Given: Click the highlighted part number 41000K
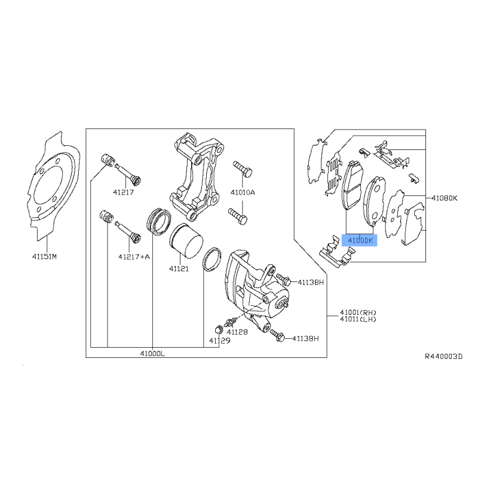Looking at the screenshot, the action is [x=360, y=241].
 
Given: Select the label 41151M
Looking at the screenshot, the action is [x=44, y=257].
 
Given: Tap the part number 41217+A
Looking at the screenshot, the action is [x=134, y=257].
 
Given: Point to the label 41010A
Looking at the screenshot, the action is [x=243, y=192].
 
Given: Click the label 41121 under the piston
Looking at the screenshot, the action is [x=179, y=268].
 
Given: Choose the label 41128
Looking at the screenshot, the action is [x=237, y=332].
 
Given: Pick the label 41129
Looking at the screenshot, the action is [x=220, y=341].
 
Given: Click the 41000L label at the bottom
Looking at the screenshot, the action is [x=152, y=354].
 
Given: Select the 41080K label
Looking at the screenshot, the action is [x=445, y=198].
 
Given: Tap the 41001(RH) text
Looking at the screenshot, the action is [x=358, y=312].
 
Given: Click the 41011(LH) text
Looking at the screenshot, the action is [x=358, y=319].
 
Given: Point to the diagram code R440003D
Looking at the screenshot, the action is [x=443, y=356].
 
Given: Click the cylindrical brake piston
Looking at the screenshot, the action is [x=186, y=241].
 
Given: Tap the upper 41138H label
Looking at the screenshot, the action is [x=311, y=282].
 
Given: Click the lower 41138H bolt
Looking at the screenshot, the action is [x=277, y=335].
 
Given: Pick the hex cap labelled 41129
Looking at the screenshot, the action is [x=218, y=330].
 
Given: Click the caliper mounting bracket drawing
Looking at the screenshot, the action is [x=197, y=177].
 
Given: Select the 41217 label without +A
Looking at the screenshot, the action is [x=124, y=192].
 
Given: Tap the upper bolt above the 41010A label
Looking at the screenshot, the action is [x=243, y=169].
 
